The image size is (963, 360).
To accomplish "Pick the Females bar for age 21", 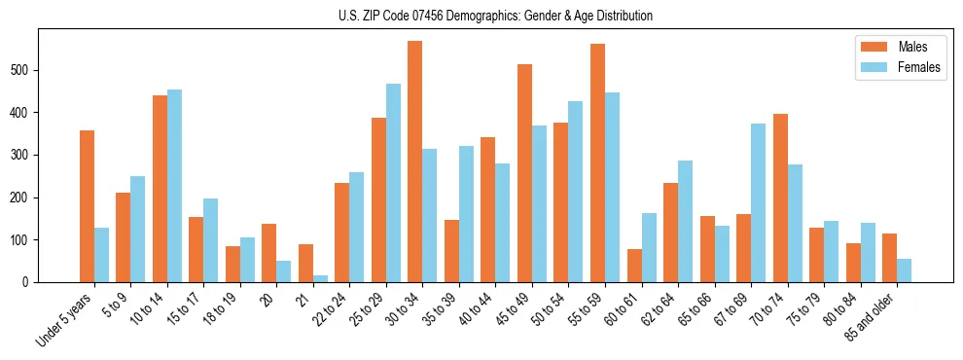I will [x=320, y=278].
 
